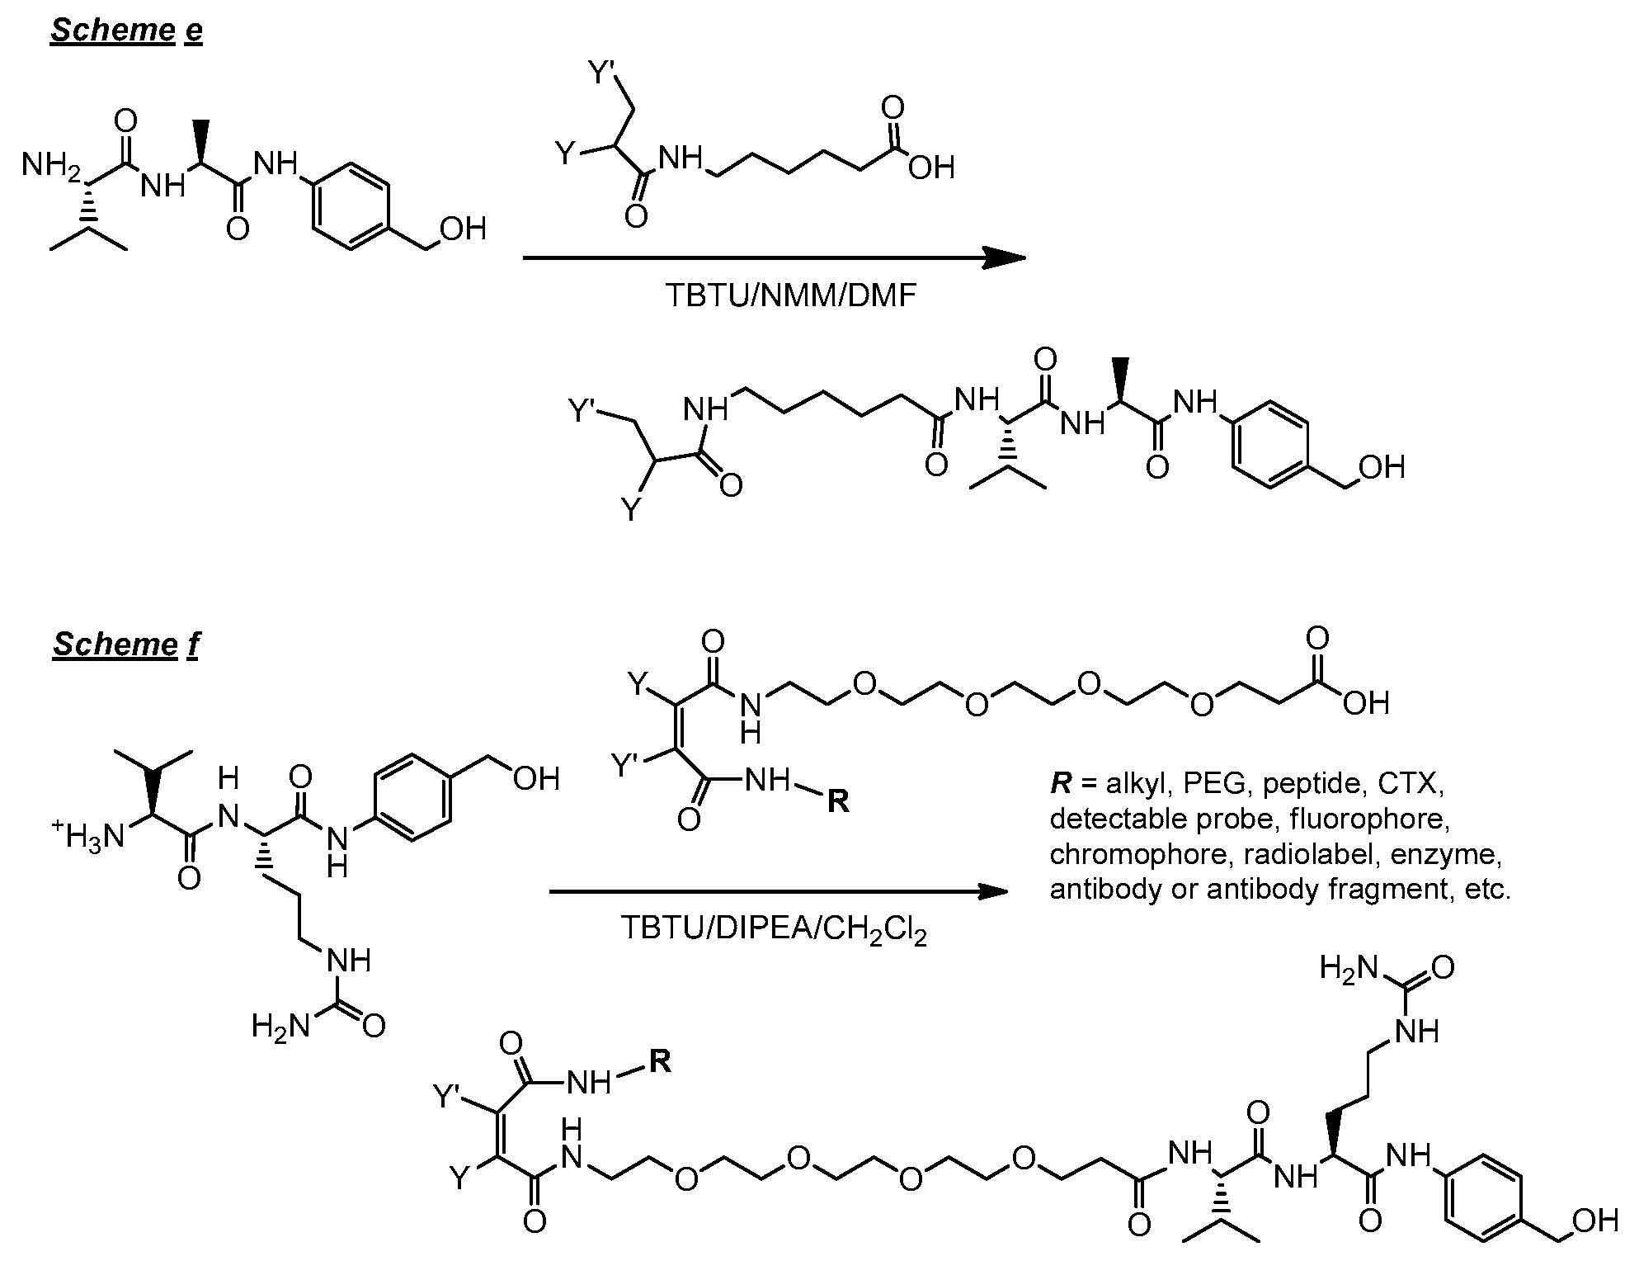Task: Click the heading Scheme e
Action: pyautogui.click(x=126, y=30)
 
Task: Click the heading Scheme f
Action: pyautogui.click(x=126, y=644)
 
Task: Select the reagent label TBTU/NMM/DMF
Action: pyautogui.click(x=790, y=295)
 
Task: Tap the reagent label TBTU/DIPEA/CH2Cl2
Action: pyautogui.click(x=774, y=930)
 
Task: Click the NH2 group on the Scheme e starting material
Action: pyautogui.click(x=51, y=166)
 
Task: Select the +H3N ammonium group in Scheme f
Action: pyautogui.click(x=87, y=835)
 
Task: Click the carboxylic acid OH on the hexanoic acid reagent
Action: pyautogui.click(x=931, y=168)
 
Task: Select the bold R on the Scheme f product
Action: pyautogui.click(x=660, y=1061)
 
